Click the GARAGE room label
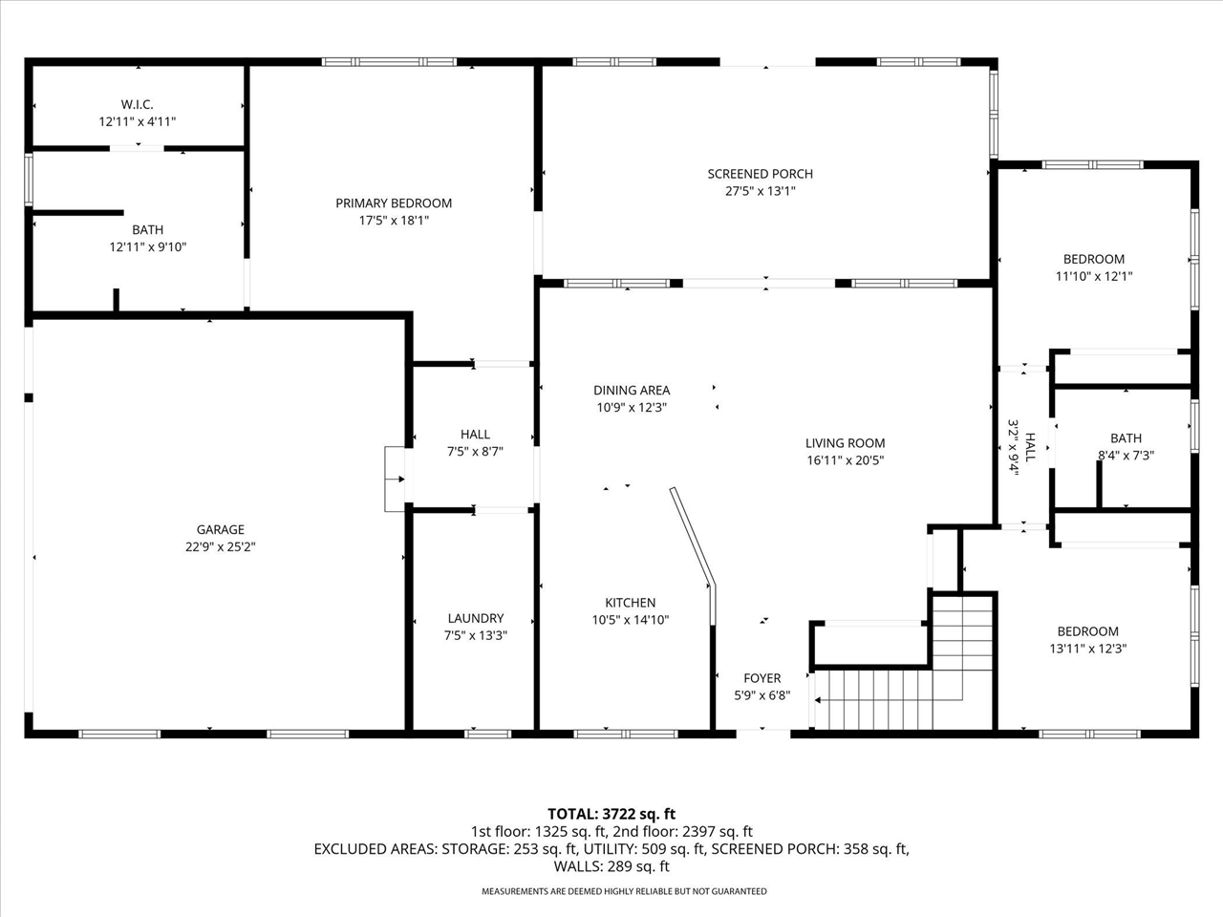point(221,529)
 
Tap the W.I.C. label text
point(137,104)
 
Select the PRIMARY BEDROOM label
point(394,203)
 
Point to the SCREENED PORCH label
point(760,174)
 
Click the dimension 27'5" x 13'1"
point(760,191)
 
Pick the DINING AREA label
point(632,390)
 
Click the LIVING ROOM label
point(845,443)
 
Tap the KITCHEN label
point(630,603)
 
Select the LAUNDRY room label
point(475,618)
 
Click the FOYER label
point(762,678)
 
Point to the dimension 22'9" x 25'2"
point(221,547)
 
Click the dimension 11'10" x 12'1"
point(1094,276)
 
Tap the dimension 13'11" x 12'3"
point(1087,649)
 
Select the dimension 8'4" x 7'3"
point(1126,456)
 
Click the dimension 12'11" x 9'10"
point(147,247)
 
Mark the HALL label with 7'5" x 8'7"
point(475,435)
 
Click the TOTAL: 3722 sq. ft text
point(611,814)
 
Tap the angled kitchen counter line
point(692,535)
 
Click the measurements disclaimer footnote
point(623,891)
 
